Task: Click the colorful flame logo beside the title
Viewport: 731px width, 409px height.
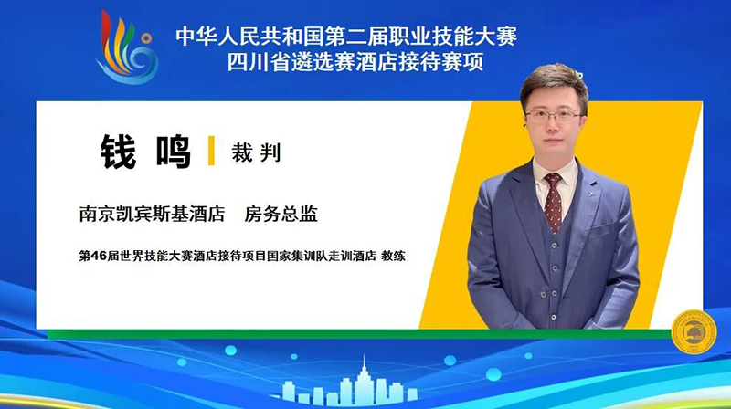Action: [x=127, y=47]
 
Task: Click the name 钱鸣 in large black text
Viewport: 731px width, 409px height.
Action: [x=145, y=152]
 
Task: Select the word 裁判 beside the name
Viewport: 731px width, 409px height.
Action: [x=256, y=152]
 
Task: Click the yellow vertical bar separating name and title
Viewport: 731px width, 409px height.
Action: [x=211, y=151]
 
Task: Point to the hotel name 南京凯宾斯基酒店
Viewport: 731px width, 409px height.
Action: [x=152, y=214]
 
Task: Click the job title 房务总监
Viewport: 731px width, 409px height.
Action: [x=281, y=214]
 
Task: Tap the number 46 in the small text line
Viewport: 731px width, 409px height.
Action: [x=98, y=256]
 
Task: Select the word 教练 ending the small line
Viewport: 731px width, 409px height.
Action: [x=394, y=256]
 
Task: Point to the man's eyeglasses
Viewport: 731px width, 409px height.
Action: [x=554, y=116]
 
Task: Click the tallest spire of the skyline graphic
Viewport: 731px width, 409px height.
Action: [x=364, y=366]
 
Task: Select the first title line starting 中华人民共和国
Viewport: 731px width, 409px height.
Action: [x=346, y=37]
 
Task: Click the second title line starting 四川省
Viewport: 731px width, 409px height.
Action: [x=355, y=62]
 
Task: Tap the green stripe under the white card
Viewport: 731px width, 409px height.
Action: [x=359, y=334]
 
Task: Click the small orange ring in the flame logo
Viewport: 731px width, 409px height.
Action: [x=147, y=37]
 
